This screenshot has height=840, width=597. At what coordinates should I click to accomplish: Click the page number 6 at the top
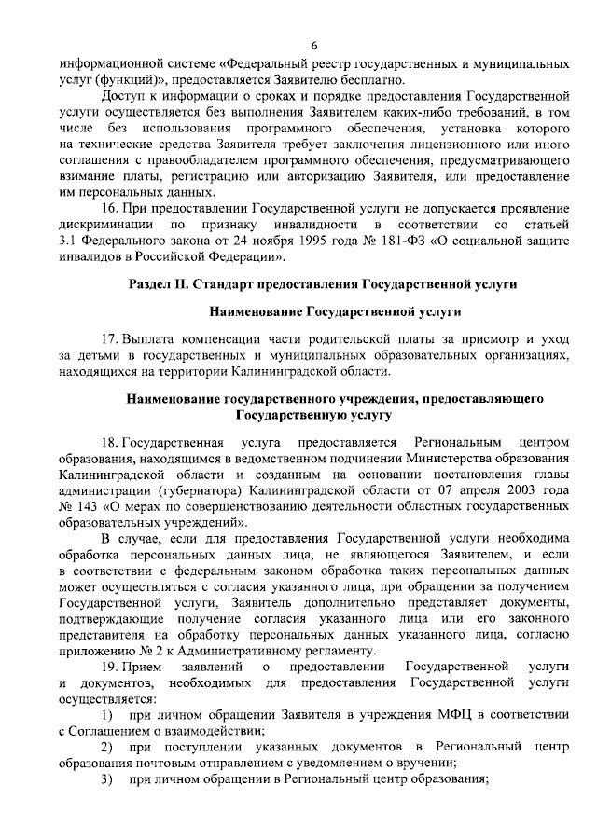(x=314, y=48)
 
